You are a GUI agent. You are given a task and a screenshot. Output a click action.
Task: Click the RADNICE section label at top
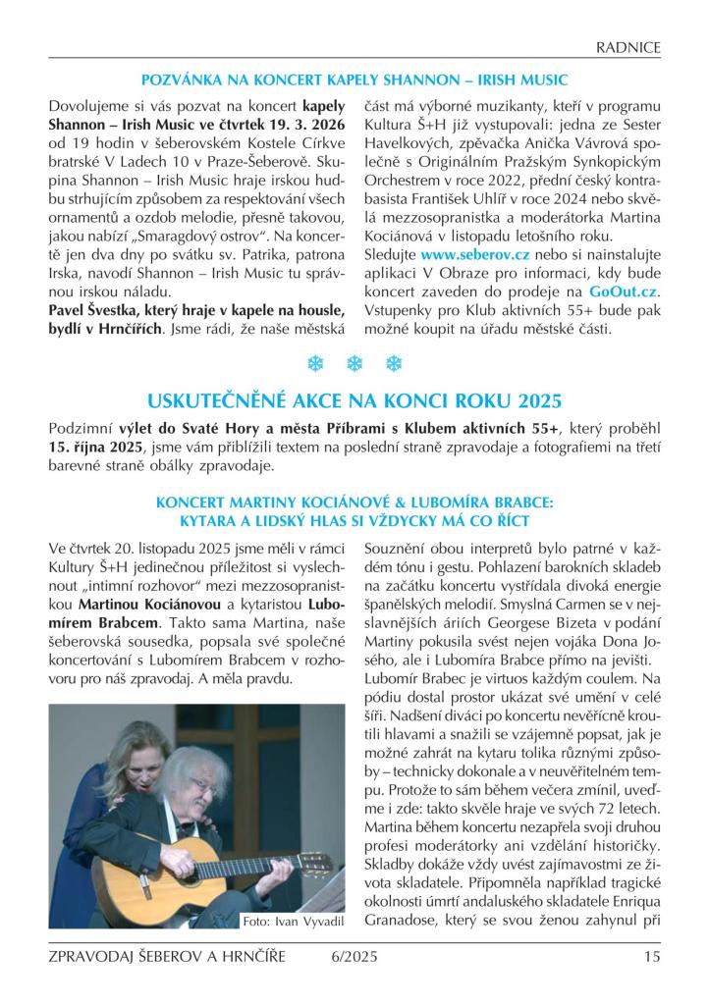628,47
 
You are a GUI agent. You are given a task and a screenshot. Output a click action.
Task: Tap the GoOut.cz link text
624,291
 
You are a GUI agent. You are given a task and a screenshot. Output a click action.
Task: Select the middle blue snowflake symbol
354,364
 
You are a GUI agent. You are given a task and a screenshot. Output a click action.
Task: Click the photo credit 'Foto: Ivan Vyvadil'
292,921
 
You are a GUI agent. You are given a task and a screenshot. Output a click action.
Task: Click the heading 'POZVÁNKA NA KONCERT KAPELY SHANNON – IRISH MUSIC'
354,79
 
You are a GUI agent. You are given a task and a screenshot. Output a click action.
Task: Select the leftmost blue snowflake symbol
316,364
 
